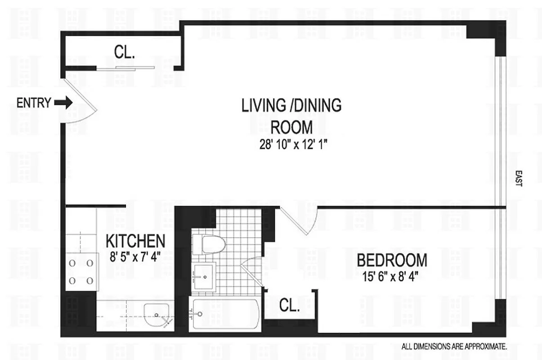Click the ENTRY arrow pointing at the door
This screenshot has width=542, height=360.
point(63,103)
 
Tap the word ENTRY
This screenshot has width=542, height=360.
point(34,103)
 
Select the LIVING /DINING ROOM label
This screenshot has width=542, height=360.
point(291,116)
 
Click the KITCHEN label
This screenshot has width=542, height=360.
point(135,241)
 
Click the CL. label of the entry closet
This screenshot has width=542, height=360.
point(125,52)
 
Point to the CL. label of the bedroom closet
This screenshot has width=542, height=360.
point(290,306)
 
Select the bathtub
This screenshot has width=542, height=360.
point(224,314)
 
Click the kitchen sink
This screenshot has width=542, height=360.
point(157,314)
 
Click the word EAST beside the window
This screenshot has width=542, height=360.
point(518,178)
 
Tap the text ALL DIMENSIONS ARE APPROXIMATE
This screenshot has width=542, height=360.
point(454,347)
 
